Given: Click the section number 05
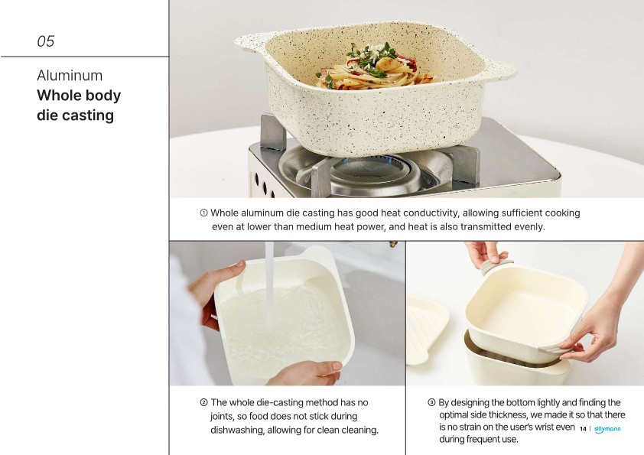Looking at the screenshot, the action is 46,41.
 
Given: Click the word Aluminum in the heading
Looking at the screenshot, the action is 70,76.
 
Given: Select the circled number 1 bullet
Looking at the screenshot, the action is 203,213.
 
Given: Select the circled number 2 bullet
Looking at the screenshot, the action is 203,402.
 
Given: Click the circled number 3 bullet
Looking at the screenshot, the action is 431,402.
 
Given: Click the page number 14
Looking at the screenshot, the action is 583,429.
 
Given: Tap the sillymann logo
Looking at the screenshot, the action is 607,429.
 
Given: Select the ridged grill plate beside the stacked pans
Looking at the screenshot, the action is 426,330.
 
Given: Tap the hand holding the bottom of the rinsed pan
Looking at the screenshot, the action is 306,372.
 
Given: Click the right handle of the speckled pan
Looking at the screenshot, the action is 500,70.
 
